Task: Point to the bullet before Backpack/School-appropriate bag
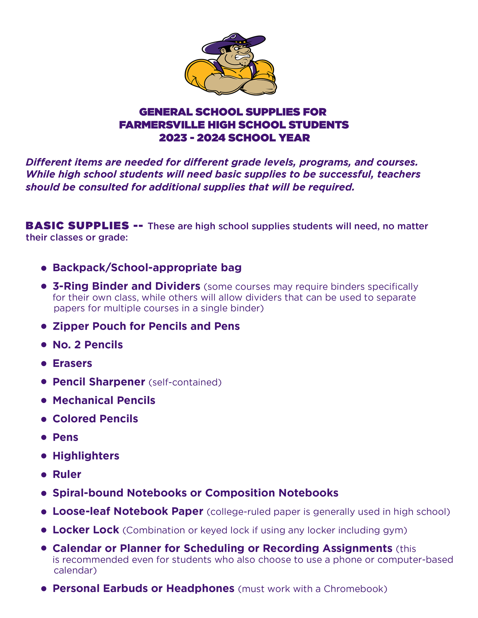[44, 268]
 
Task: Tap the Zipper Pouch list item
[146, 326]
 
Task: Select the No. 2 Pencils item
[88, 345]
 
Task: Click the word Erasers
[72, 363]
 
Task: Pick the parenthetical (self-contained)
[185, 382]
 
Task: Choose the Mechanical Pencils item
[104, 400]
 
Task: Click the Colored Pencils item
[95, 419]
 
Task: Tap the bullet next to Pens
[44, 438]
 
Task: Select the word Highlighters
[86, 456]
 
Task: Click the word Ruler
[67, 474]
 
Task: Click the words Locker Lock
[86, 530]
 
